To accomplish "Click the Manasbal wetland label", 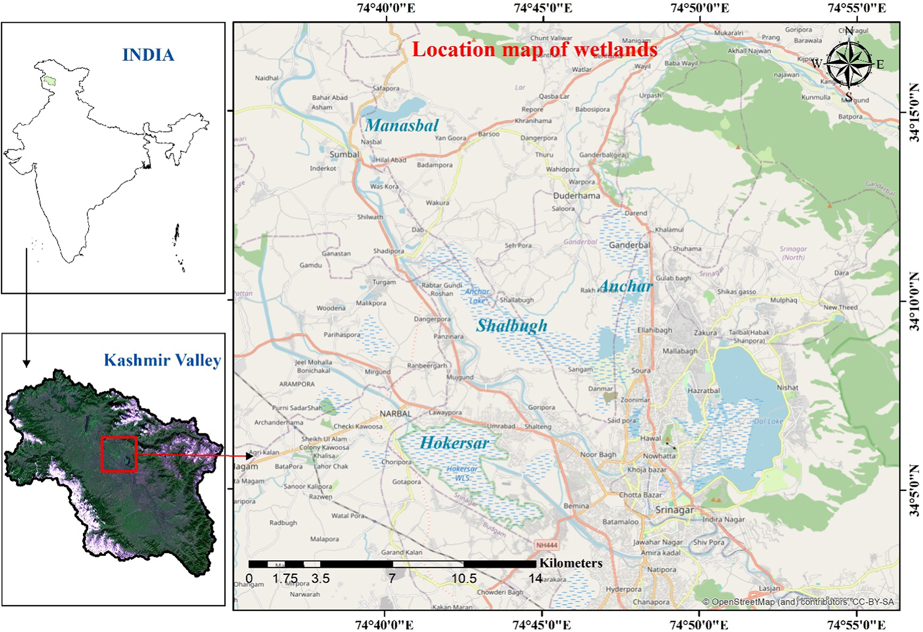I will pyautogui.click(x=402, y=125).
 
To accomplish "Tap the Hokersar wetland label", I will pyautogui.click(x=454, y=443).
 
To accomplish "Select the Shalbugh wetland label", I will pyautogui.click(x=511, y=326).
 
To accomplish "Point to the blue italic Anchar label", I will pyautogui.click(x=626, y=286).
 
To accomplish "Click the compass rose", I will pyautogui.click(x=849, y=64).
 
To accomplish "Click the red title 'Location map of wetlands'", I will pyautogui.click(x=534, y=50).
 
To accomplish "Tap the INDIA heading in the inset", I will pyautogui.click(x=148, y=55).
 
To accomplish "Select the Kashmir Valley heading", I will pyautogui.click(x=162, y=360).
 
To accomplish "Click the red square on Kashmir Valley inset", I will pyautogui.click(x=119, y=454).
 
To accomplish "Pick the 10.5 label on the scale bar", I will pyautogui.click(x=464, y=578).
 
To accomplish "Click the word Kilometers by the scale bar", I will pyautogui.click(x=571, y=563).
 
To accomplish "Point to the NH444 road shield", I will pyautogui.click(x=546, y=545).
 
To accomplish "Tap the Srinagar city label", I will pyautogui.click(x=674, y=510).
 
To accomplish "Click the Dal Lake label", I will pyautogui.click(x=768, y=421).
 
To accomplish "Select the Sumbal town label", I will pyautogui.click(x=344, y=154).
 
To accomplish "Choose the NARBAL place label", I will pyautogui.click(x=395, y=413).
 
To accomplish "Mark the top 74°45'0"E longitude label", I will pyautogui.click(x=543, y=8).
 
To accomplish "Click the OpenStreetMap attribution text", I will pyautogui.click(x=798, y=602).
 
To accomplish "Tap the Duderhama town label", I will pyautogui.click(x=576, y=196).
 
